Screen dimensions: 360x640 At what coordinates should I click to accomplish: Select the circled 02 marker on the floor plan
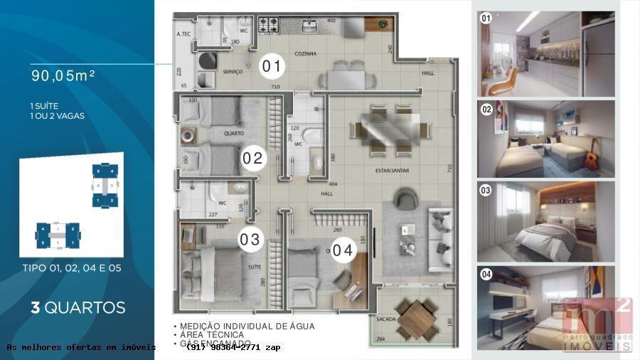coord(252,158)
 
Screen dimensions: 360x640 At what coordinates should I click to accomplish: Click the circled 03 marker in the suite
coord(250,240)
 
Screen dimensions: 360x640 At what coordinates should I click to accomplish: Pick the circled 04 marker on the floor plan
coord(343,250)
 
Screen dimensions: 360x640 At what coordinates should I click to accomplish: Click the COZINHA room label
coord(306,54)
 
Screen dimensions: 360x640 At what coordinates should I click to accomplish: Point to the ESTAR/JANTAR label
coord(391,171)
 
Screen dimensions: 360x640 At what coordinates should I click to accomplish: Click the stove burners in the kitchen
coord(269,25)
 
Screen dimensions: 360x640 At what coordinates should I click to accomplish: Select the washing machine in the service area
coord(207,61)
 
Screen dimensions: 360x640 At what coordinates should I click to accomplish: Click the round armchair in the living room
coord(407,198)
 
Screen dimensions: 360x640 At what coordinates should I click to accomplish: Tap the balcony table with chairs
coord(417,319)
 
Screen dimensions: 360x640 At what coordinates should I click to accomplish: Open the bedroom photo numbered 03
coord(546,221)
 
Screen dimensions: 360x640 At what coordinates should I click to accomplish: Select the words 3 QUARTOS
coord(78,308)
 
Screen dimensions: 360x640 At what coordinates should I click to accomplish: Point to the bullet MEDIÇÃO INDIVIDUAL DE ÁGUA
coord(246,327)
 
